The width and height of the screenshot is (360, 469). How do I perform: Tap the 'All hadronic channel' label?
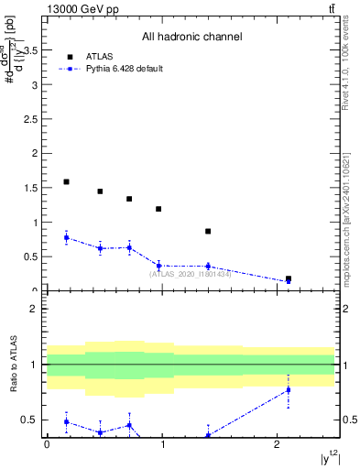click(x=191, y=38)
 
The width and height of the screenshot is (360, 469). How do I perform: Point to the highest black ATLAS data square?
click(x=66, y=182)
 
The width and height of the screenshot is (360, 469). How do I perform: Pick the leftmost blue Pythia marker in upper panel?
click(x=66, y=237)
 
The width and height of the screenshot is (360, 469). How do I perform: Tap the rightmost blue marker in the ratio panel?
click(x=289, y=390)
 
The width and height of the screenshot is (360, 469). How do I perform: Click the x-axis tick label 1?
click(x=162, y=444)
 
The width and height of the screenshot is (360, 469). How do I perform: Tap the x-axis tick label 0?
click(x=47, y=444)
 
